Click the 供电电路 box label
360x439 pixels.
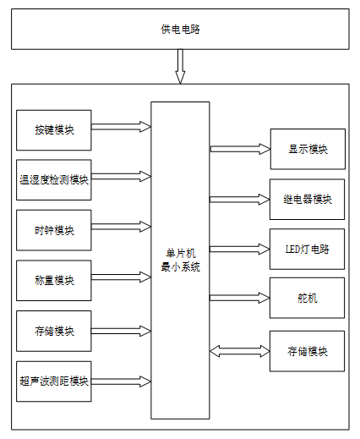pyautogui.click(x=180, y=30)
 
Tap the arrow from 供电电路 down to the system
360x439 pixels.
pyautogui.click(x=180, y=67)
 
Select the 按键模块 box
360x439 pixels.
pyautogui.click(x=54, y=130)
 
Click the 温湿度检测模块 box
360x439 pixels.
pyautogui.click(x=54, y=180)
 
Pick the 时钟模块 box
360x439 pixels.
pyautogui.click(x=54, y=230)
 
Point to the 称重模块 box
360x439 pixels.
pyautogui.click(x=54, y=281)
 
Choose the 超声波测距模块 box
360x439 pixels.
pyautogui.click(x=54, y=381)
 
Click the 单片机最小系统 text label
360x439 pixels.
pyautogui.click(x=180, y=261)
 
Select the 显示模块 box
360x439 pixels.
pyautogui.click(x=308, y=149)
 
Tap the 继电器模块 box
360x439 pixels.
pyautogui.click(x=307, y=200)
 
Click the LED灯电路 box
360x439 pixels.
pyautogui.click(x=307, y=249)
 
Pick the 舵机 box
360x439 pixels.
pyautogui.click(x=307, y=298)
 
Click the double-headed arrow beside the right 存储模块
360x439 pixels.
pyautogui.click(x=240, y=351)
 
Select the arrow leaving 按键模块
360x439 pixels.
pyautogui.click(x=121, y=127)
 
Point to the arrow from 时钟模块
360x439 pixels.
pyautogui.click(x=121, y=227)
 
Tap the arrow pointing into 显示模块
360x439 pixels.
pyautogui.click(x=240, y=149)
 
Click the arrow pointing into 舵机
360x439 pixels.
pyautogui.click(x=240, y=298)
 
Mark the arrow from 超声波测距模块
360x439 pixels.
pyautogui.click(x=121, y=381)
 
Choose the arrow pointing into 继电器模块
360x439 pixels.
pyautogui.click(x=240, y=200)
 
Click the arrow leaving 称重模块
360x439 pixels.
pyautogui.click(x=121, y=277)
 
